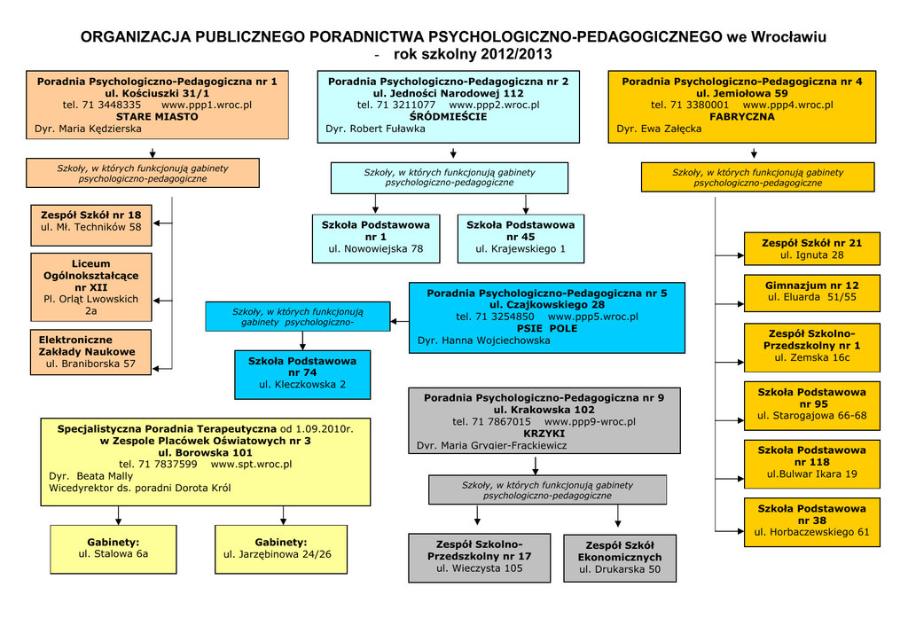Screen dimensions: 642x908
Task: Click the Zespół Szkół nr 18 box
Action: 91,221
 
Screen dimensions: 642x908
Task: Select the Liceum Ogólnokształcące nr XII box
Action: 91,287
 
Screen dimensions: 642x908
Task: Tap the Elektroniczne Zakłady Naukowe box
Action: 91,351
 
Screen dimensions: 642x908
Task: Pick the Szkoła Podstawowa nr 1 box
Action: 376,237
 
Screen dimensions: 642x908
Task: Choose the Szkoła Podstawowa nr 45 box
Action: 521,237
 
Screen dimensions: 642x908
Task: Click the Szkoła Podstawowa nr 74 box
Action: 302,372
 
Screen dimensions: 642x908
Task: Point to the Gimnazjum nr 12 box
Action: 811,292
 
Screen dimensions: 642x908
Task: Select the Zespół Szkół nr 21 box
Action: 811,248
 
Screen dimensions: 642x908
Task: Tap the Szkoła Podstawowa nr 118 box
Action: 811,462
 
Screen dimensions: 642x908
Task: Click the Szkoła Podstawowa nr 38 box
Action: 811,521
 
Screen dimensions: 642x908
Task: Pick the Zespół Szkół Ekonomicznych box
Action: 619,557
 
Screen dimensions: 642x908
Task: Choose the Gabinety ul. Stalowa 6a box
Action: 113,548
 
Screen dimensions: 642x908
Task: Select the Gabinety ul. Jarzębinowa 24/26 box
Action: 280,548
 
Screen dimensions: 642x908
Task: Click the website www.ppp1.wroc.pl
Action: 207,105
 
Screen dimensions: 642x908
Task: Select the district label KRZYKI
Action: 544,434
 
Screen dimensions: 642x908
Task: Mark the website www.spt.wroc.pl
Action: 251,464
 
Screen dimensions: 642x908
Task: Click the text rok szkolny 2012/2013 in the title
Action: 473,55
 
